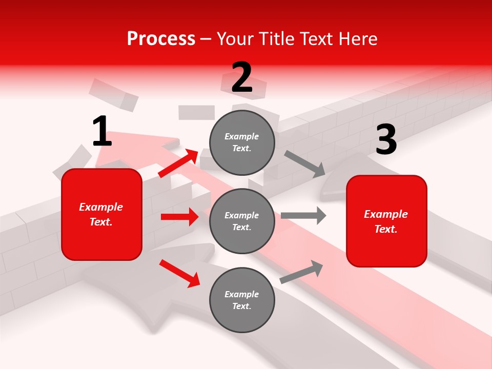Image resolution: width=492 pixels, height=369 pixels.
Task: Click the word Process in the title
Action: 161,39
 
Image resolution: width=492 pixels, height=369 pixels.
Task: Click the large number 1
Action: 102,132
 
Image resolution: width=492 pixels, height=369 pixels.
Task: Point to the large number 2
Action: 242,78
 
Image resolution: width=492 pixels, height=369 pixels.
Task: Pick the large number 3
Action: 386,140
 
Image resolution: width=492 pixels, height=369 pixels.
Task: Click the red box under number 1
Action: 101,214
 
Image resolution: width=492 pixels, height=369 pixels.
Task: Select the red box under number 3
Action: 386,221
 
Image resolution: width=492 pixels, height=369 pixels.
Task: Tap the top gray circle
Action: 242,142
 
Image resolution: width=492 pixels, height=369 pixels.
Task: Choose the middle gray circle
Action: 242,221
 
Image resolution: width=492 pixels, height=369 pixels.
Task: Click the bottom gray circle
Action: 242,300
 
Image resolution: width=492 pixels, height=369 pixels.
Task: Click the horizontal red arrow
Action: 179,217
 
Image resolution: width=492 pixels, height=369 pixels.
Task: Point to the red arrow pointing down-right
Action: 179,273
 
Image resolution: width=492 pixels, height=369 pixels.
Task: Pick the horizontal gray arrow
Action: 303,215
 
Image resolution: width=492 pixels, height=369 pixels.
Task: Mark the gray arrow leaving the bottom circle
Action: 301,272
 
